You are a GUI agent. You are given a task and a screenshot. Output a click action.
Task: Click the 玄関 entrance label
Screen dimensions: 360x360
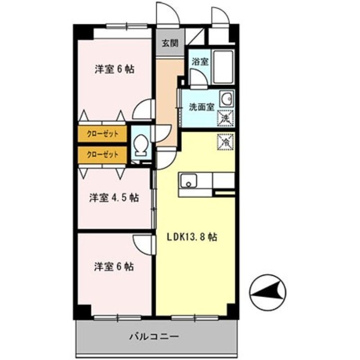tap(171, 44)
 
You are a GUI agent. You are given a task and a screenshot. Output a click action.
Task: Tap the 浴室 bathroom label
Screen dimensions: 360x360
tap(200, 62)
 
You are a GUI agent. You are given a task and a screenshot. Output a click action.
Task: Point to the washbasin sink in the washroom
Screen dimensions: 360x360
tap(226, 98)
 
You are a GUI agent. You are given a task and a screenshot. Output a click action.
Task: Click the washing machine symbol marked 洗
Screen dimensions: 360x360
tap(226, 118)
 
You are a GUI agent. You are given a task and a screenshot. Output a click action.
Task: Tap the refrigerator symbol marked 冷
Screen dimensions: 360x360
tap(226, 142)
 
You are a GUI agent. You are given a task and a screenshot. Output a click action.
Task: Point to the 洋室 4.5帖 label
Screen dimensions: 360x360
tap(113, 198)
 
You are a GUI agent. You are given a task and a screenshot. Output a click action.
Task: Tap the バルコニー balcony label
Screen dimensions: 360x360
tap(155, 336)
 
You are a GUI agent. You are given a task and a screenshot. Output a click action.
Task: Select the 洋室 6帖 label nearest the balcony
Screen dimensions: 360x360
tap(114, 266)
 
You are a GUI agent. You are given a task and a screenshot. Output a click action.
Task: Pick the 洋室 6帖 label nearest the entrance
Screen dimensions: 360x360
tap(114, 69)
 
